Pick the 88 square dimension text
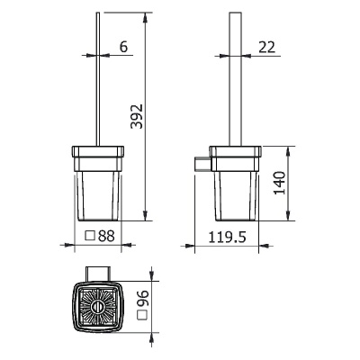pos(105,237)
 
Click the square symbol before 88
pos(90,237)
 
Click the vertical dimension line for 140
pos(288,184)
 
